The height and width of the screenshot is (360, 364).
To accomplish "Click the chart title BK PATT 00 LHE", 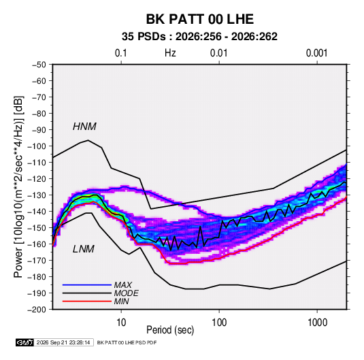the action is (x=199, y=19).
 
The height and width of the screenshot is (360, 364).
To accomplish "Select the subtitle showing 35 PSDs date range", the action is (x=199, y=37).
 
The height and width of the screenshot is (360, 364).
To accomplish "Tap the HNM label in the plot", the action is (x=84, y=127).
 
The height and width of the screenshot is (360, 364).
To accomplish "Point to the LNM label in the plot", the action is (x=84, y=249).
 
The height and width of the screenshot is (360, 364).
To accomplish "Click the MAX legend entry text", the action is (x=123, y=285).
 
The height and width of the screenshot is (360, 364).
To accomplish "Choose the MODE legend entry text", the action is (x=127, y=293).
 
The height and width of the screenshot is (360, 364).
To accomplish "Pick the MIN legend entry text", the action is (x=122, y=301).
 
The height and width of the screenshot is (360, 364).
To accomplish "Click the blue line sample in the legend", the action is (x=87, y=285).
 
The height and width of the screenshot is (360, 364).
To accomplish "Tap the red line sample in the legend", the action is (x=87, y=301).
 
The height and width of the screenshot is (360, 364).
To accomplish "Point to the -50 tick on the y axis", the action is (x=39, y=65).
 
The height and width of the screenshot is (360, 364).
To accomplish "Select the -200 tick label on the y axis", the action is (x=37, y=310).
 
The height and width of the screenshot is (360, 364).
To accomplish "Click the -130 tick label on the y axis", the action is (x=37, y=195).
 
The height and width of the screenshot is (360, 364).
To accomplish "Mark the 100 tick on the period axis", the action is (x=219, y=323).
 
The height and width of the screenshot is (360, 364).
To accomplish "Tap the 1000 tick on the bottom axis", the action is (x=317, y=323).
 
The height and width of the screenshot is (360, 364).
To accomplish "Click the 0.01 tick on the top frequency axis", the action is (x=218, y=53).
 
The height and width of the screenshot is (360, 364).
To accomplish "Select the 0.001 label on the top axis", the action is (x=316, y=53).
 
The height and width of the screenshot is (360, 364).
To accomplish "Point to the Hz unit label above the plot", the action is (x=170, y=53).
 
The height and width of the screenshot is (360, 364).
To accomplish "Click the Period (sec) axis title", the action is (x=170, y=330).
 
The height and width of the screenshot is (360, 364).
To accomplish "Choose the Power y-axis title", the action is (x=18, y=187).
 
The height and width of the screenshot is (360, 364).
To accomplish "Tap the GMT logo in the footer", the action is (x=24, y=342).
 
